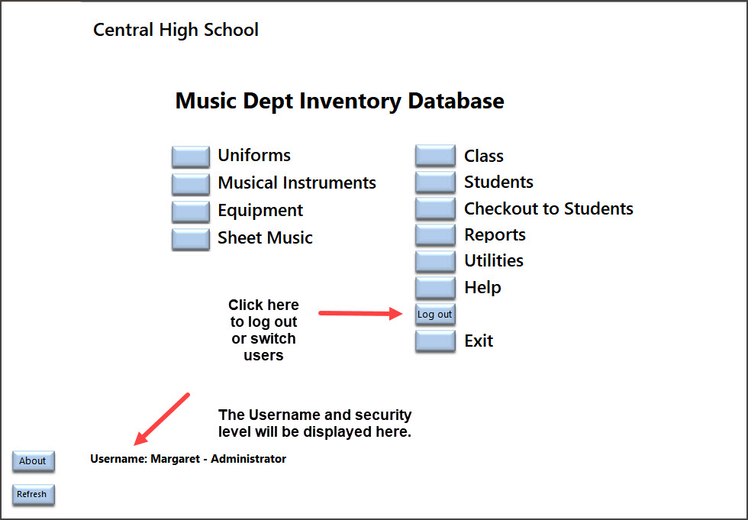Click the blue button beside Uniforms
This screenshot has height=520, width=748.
pyautogui.click(x=191, y=157)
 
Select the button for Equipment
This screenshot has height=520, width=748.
pyautogui.click(x=191, y=212)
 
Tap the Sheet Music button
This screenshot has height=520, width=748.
pyautogui.click(x=191, y=239)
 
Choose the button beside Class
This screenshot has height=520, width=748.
pyautogui.click(x=435, y=156)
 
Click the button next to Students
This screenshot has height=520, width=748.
pyautogui.click(x=435, y=182)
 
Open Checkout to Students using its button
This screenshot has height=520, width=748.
pyautogui.click(x=435, y=208)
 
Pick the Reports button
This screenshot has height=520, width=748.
pyautogui.click(x=435, y=234)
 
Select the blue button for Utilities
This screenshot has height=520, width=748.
pyautogui.click(x=435, y=261)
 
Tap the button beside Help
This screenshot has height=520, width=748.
pyautogui.click(x=435, y=288)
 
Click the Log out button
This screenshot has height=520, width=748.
pyautogui.click(x=435, y=315)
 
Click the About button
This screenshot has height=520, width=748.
pyautogui.click(x=34, y=461)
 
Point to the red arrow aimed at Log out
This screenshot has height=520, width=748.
pyautogui.click(x=361, y=313)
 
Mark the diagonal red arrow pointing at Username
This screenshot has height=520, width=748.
pyautogui.click(x=162, y=419)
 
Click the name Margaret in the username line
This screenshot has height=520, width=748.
pyautogui.click(x=175, y=459)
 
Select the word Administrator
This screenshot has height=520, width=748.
pyautogui.click(x=249, y=459)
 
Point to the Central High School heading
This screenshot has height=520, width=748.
pyautogui.click(x=176, y=30)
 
